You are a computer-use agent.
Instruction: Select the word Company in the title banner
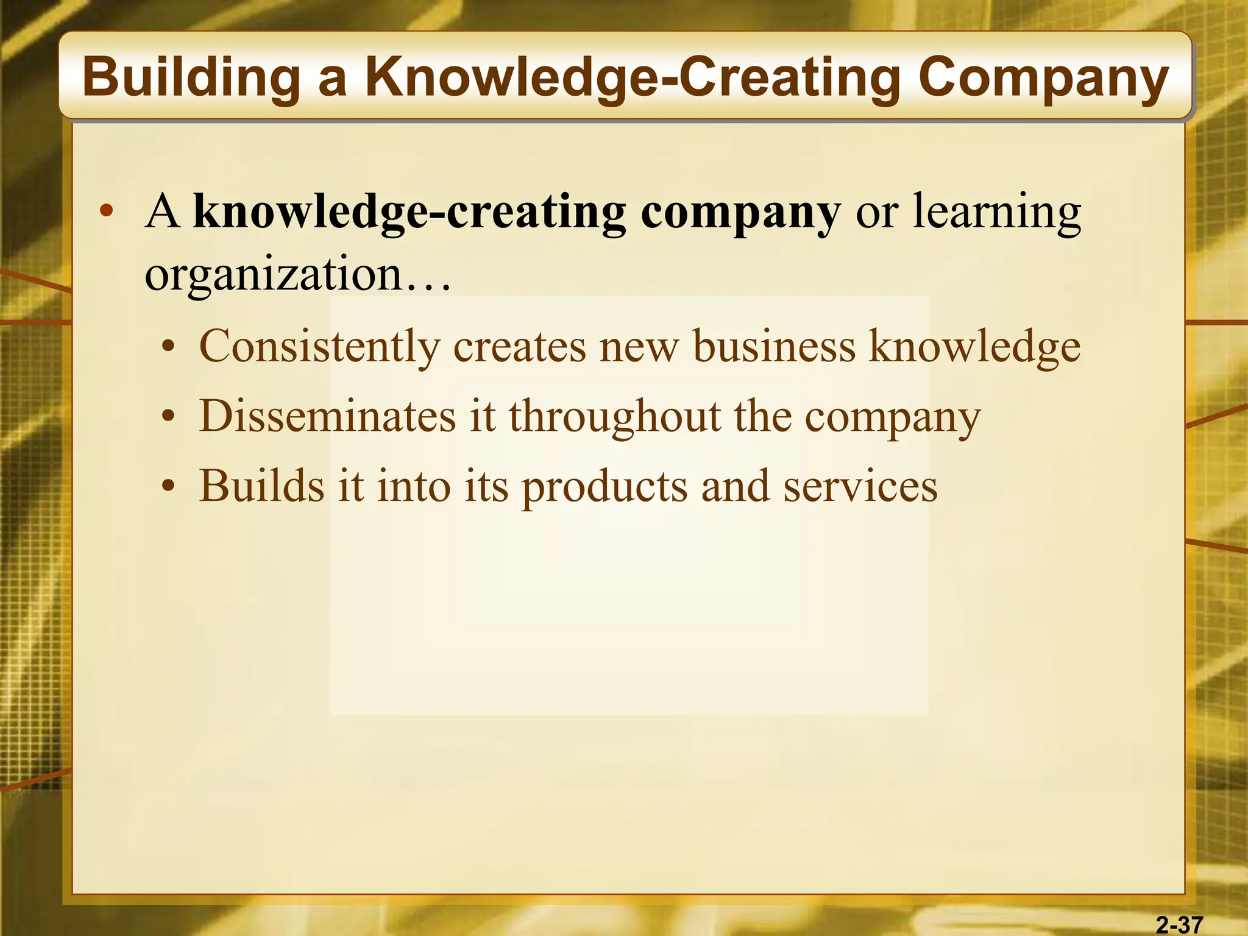1043,78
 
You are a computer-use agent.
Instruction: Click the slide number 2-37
1179,924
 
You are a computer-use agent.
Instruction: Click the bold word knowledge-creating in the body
409,212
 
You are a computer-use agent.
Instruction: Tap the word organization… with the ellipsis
297,274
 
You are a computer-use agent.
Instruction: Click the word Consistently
319,346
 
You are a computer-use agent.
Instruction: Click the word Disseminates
328,416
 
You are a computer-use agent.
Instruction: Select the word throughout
615,416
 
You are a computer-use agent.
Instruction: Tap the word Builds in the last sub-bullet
261,486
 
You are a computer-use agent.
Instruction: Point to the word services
860,486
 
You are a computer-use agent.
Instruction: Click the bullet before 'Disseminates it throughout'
169,419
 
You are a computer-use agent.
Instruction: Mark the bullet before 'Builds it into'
169,488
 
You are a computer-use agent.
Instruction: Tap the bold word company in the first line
740,212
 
